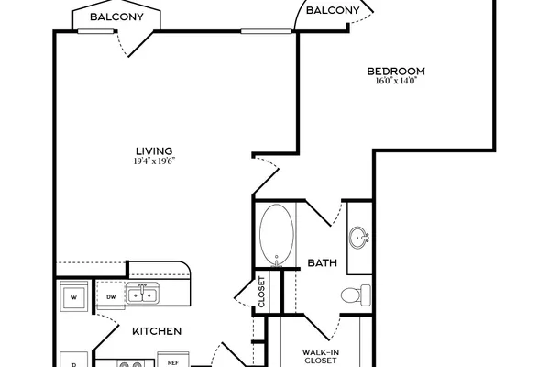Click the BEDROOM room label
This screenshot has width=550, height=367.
[396, 72]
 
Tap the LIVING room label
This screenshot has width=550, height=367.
[154, 151]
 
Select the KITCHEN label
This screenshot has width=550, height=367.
[157, 331]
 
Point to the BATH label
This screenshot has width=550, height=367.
[323, 262]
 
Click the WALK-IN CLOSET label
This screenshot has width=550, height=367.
[321, 356]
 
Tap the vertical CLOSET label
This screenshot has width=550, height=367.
[261, 292]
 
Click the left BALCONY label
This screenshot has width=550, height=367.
[116, 17]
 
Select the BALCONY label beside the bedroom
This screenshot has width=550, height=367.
[333, 10]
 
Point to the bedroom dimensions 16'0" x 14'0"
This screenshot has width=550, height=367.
[396, 81]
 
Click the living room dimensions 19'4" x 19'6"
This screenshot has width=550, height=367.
[154, 161]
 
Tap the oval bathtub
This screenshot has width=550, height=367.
[277, 234]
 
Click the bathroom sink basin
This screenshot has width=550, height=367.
[358, 238]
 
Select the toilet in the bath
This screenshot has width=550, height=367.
[356, 295]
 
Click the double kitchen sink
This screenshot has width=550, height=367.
[142, 294]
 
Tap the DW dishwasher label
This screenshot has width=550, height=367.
[111, 297]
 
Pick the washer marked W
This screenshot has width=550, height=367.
[73, 296]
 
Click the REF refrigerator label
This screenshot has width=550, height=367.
[173, 362]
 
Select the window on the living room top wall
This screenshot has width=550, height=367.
[266, 31]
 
